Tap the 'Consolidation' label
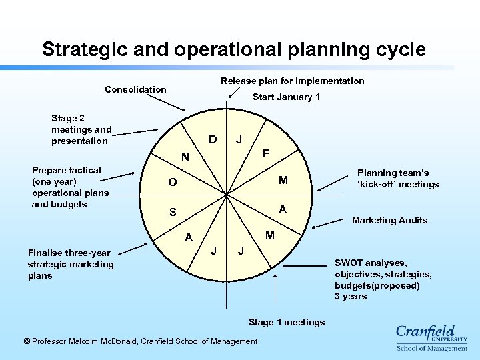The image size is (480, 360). (x=135, y=89)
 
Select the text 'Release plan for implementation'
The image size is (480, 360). (x=292, y=81)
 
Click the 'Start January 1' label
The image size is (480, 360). (x=286, y=97)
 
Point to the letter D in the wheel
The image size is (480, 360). (x=212, y=140)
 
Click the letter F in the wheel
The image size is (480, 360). (x=265, y=153)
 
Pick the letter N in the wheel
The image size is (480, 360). (x=186, y=158)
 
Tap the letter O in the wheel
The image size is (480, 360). (x=173, y=183)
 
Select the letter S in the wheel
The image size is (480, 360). (x=173, y=213)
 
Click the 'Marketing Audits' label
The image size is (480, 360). (x=389, y=221)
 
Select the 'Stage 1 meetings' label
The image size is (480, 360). (x=287, y=323)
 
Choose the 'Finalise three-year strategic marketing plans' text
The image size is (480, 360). (x=71, y=264)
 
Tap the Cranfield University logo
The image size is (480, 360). (x=431, y=337)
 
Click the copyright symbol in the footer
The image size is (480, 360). (x=27, y=341)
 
